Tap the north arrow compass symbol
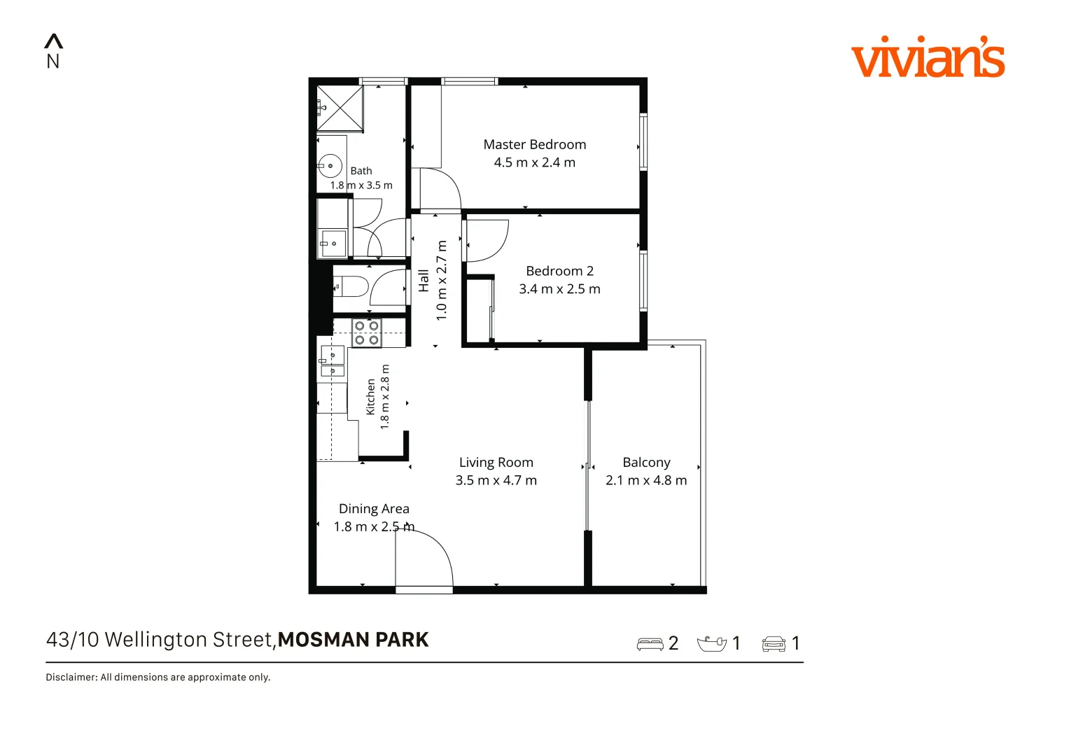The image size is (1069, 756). point(53,51)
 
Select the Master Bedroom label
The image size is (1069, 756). point(535,144)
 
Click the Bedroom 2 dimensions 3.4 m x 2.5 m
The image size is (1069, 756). point(559,288)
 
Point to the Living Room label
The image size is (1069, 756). point(496,462)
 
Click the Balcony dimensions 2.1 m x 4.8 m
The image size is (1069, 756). point(646,480)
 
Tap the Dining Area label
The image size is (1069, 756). point(374,509)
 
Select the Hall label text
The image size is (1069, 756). point(424,281)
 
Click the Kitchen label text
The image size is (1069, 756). point(370,397)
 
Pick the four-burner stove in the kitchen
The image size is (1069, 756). point(367,332)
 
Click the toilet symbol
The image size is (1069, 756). point(350,286)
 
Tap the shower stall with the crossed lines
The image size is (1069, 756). point(340,108)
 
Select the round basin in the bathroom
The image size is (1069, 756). point(330,166)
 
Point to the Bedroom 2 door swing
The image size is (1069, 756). point(487,241)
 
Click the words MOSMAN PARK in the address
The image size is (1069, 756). point(353,640)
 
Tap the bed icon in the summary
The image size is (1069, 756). point(650,644)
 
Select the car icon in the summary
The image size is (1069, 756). point(774,644)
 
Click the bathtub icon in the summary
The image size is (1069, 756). point(711,644)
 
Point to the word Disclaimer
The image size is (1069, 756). point(71,678)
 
